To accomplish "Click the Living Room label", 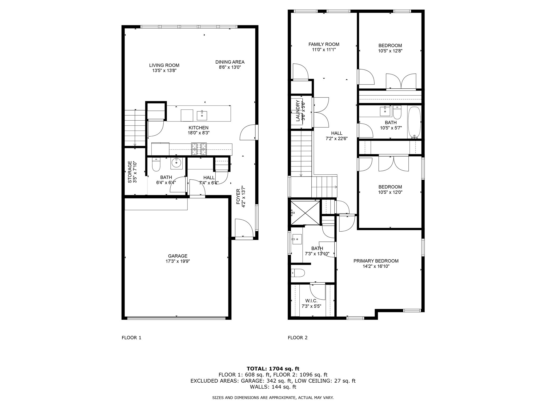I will (x=164, y=65).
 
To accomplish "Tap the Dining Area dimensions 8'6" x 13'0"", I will (x=230, y=67).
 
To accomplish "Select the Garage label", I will (x=178, y=256).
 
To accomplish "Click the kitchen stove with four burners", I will (x=199, y=149).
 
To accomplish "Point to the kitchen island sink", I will (x=202, y=115).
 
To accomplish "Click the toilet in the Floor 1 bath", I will (x=156, y=165).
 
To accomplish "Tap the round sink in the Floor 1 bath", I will (x=176, y=163).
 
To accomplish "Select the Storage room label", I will (x=130, y=172).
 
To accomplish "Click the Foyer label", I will (x=238, y=197).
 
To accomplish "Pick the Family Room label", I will (x=324, y=44).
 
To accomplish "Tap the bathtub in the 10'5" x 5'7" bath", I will (x=414, y=122).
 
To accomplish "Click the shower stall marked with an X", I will (x=305, y=213).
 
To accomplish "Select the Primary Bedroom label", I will (x=376, y=261).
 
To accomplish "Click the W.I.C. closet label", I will (x=311, y=301).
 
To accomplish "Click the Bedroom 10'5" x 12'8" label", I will (x=390, y=46).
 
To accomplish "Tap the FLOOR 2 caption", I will (x=298, y=338).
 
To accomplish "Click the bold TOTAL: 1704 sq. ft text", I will (x=273, y=369).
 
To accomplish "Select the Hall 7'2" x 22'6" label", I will (x=336, y=133).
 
